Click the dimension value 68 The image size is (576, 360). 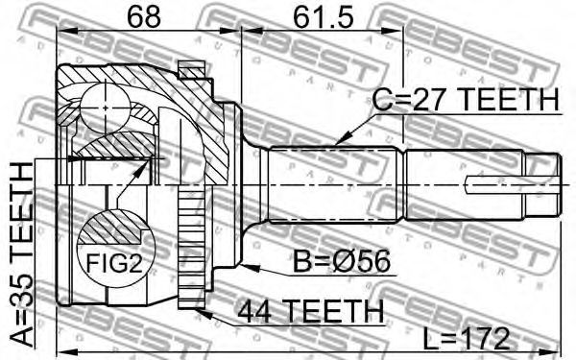click(x=144, y=17)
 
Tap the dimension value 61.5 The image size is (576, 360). click(x=324, y=17)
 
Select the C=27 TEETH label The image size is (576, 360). click(x=466, y=100)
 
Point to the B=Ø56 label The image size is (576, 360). click(x=342, y=261)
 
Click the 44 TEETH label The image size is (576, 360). click(x=310, y=310)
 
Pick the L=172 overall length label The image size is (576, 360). click(x=466, y=339)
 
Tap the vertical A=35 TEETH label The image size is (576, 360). click(x=22, y=255)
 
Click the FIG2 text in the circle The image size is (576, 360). click(x=114, y=263)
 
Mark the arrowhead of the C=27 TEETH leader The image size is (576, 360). click(x=340, y=141)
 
